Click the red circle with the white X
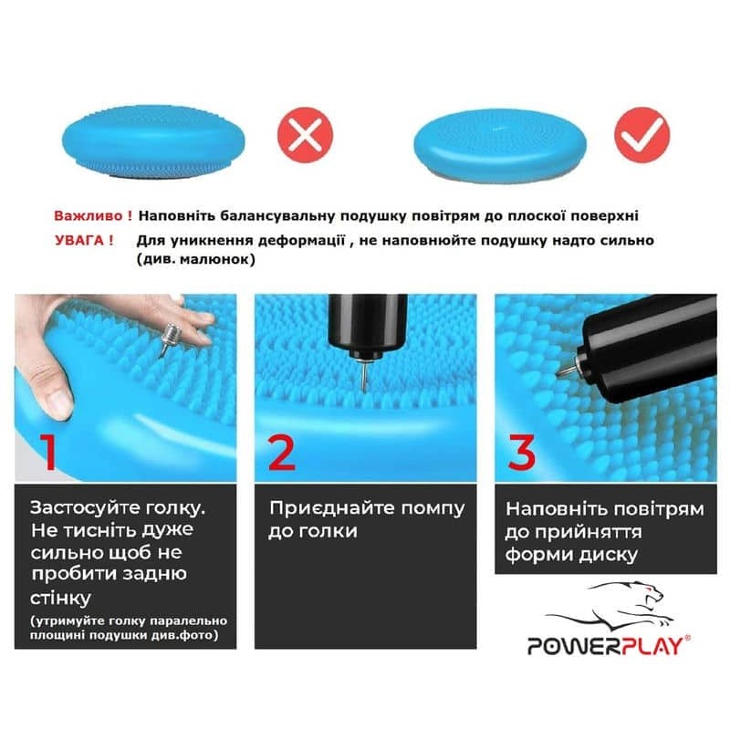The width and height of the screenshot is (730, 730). [305, 135]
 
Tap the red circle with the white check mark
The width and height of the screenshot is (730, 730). [642, 135]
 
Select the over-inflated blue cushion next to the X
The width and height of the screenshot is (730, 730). [153, 141]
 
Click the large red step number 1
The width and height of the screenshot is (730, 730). [49, 452]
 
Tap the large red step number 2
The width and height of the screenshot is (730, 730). [282, 453]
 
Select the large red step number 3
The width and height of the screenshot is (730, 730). [522, 452]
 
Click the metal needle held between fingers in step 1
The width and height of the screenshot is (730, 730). [169, 339]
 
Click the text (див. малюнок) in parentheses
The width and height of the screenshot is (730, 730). [196, 259]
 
